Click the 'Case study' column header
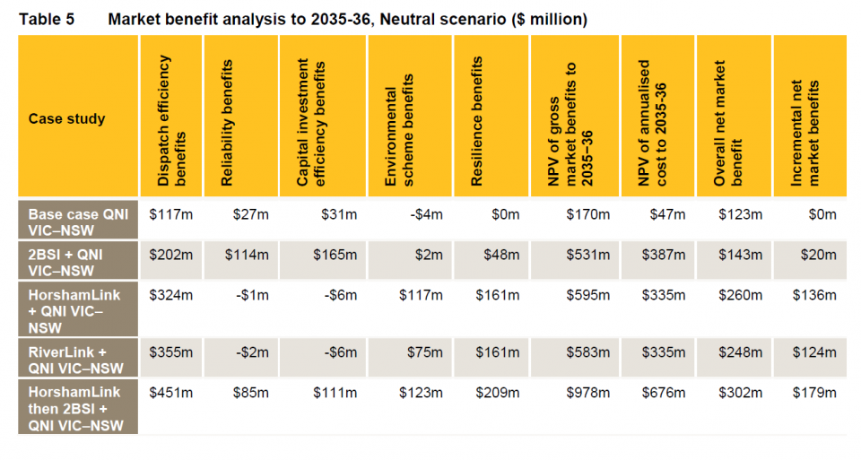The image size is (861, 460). click(66, 118)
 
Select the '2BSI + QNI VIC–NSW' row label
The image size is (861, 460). click(65, 262)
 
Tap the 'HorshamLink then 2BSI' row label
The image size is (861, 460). click(75, 409)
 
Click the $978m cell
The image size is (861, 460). click(588, 393)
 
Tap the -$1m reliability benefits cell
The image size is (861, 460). click(252, 295)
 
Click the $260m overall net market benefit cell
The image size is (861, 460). click(741, 295)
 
